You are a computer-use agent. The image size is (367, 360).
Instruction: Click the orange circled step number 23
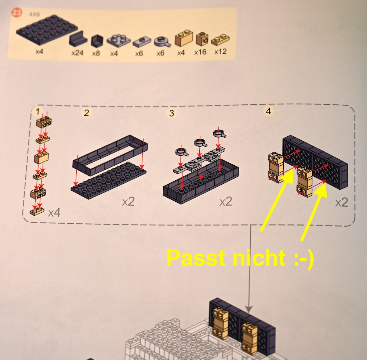pyautogui.click(x=17, y=13)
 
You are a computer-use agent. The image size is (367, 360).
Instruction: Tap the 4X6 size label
pyautogui.click(x=34, y=14)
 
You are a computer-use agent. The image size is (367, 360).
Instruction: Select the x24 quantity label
pyautogui.click(x=77, y=53)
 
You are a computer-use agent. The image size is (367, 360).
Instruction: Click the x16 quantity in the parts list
pyautogui.click(x=200, y=52)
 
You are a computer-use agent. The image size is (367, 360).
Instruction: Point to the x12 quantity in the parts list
pyautogui.click(x=221, y=51)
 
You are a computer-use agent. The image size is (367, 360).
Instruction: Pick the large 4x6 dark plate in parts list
pyautogui.click(x=47, y=30)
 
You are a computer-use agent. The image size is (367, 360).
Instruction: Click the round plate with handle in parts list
pyautogui.click(x=162, y=42)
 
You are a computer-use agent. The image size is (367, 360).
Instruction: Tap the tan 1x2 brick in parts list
pyautogui.click(x=184, y=38)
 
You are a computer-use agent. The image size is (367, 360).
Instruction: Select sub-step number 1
pyautogui.click(x=38, y=112)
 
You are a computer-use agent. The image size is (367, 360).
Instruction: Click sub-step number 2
pyautogui.click(x=86, y=113)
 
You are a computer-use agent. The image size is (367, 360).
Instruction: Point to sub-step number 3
pyautogui.click(x=171, y=113)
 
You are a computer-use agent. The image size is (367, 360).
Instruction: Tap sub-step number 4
pyautogui.click(x=269, y=111)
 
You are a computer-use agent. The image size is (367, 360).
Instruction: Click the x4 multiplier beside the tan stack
pyautogui.click(x=54, y=213)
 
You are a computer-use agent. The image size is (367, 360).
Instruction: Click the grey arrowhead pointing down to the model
pyautogui.click(x=249, y=309)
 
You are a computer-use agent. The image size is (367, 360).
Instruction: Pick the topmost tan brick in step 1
pyautogui.click(x=44, y=122)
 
